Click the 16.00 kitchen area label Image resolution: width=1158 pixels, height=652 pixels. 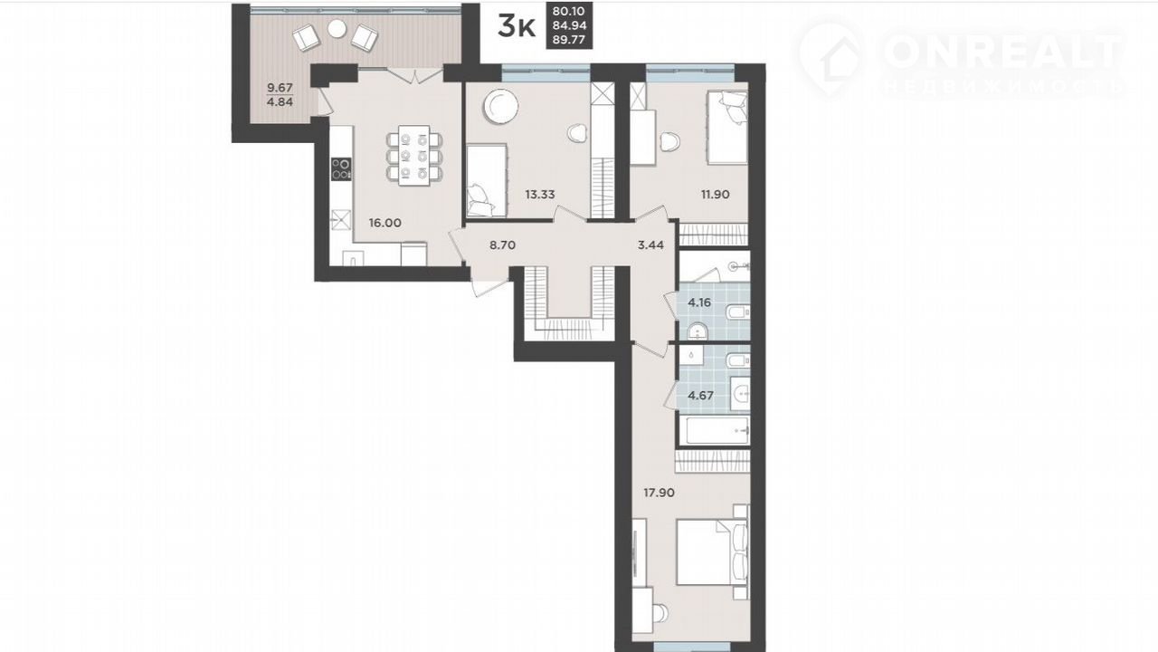click(384, 223)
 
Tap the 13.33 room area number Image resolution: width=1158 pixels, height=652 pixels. click(540, 195)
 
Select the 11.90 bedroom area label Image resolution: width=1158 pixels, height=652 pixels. click(715, 195)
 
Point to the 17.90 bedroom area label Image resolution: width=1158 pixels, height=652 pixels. click(659, 493)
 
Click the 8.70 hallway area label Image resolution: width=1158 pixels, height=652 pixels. click(502, 244)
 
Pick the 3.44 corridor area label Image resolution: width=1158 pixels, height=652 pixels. click(650, 244)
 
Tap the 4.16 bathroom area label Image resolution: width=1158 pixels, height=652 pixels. click(699, 302)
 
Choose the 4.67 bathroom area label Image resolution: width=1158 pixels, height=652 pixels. click(700, 396)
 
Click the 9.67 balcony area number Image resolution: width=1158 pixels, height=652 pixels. click(280, 88)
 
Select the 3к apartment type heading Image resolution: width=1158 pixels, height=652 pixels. click(516, 26)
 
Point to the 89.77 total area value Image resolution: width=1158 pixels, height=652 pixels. click(569, 40)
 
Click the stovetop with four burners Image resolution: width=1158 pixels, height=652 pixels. click(341, 168)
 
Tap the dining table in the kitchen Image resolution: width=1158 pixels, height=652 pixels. click(414, 155)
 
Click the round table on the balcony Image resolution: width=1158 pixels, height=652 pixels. click(337, 28)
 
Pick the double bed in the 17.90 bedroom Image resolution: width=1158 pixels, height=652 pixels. click(712, 552)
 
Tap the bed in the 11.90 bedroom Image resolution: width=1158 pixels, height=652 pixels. click(727, 128)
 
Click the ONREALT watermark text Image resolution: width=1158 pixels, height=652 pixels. click(1004, 52)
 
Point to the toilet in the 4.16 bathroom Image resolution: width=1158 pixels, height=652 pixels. click(737, 312)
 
